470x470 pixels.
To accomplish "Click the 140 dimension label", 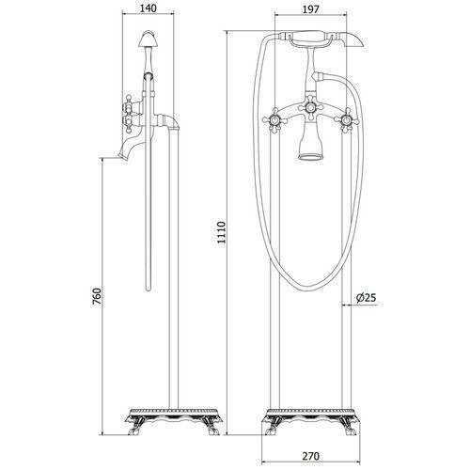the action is point(148,8).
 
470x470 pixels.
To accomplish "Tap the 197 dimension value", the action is point(311,9).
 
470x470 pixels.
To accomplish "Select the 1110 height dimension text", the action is point(222,232).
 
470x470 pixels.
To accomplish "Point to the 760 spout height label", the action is point(97,297).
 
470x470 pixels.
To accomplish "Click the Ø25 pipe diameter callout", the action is point(366,297).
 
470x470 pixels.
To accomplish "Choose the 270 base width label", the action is point(311,456).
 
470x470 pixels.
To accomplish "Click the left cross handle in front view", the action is point(274,120).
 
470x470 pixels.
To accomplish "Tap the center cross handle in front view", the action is point(310,108).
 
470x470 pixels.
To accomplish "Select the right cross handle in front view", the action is point(346,120).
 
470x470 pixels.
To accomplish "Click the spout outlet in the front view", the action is point(310,156).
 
